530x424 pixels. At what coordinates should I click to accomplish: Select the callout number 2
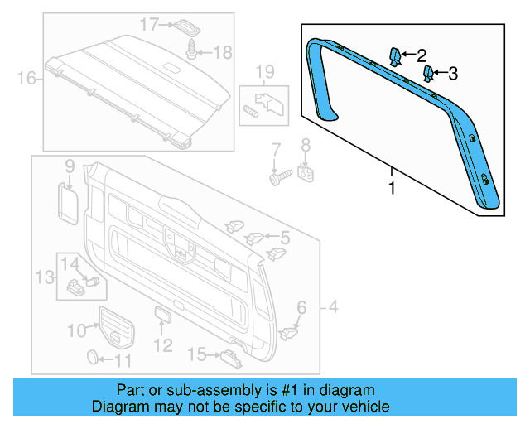point(422,56)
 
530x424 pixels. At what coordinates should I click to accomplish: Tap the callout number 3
point(452,75)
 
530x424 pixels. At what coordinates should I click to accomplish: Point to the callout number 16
point(26,79)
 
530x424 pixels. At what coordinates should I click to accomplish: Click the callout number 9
point(70,165)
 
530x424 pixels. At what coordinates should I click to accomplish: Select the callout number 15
point(196,355)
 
